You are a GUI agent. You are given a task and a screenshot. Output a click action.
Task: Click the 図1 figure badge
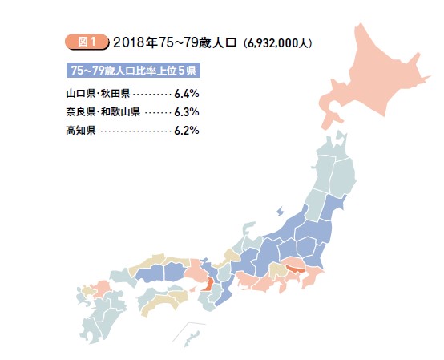coord(79,41)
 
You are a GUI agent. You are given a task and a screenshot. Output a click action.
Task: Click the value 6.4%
coord(186,93)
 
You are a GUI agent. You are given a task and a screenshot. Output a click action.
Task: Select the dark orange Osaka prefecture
coord(208,283)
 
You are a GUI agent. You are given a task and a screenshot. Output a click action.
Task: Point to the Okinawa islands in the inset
coord(191,333)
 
